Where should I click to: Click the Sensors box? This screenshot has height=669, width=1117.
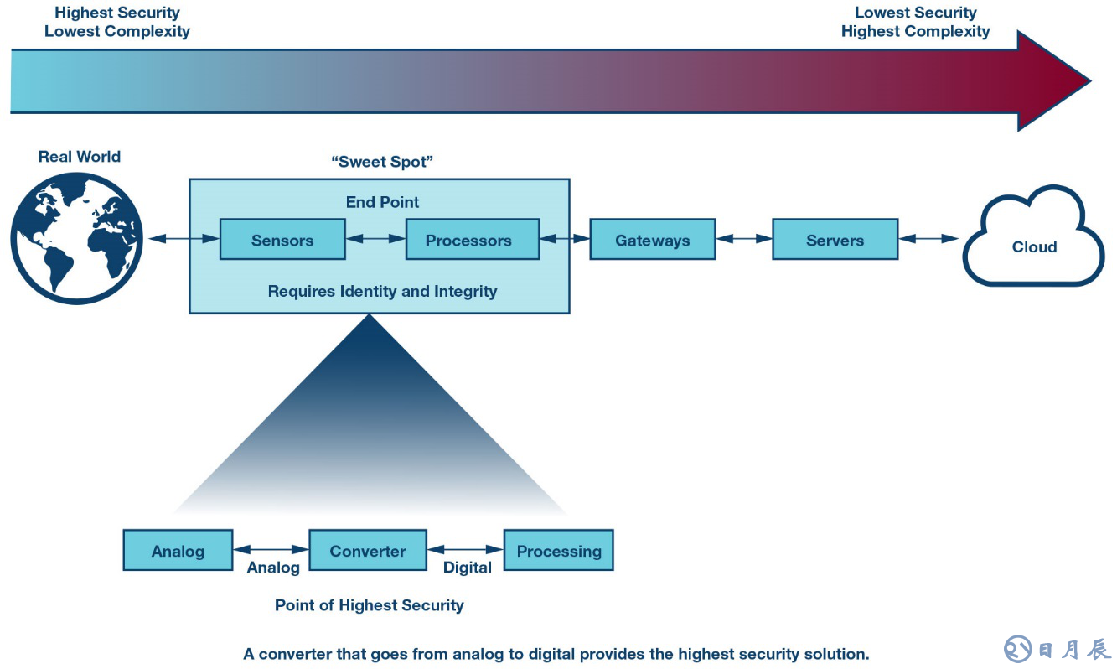(282, 240)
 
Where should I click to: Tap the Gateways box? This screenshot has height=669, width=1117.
(653, 240)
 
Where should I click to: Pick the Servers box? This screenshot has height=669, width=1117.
(835, 240)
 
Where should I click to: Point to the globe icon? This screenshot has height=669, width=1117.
(77, 238)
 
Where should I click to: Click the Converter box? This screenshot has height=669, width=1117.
(368, 551)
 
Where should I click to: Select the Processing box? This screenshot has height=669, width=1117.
(558, 551)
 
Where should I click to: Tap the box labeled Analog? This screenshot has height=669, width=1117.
(178, 551)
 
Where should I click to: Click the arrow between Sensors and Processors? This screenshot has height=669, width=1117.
(375, 239)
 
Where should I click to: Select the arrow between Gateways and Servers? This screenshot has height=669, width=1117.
(744, 239)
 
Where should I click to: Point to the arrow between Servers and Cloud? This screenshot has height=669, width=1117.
(928, 239)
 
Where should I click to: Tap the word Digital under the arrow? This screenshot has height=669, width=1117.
(468, 568)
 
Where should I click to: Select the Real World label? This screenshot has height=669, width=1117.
(80, 157)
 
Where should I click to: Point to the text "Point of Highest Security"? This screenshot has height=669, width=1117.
(369, 605)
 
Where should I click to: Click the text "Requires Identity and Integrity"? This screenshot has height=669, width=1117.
(382, 292)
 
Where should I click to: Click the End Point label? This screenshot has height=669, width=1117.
(382, 202)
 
